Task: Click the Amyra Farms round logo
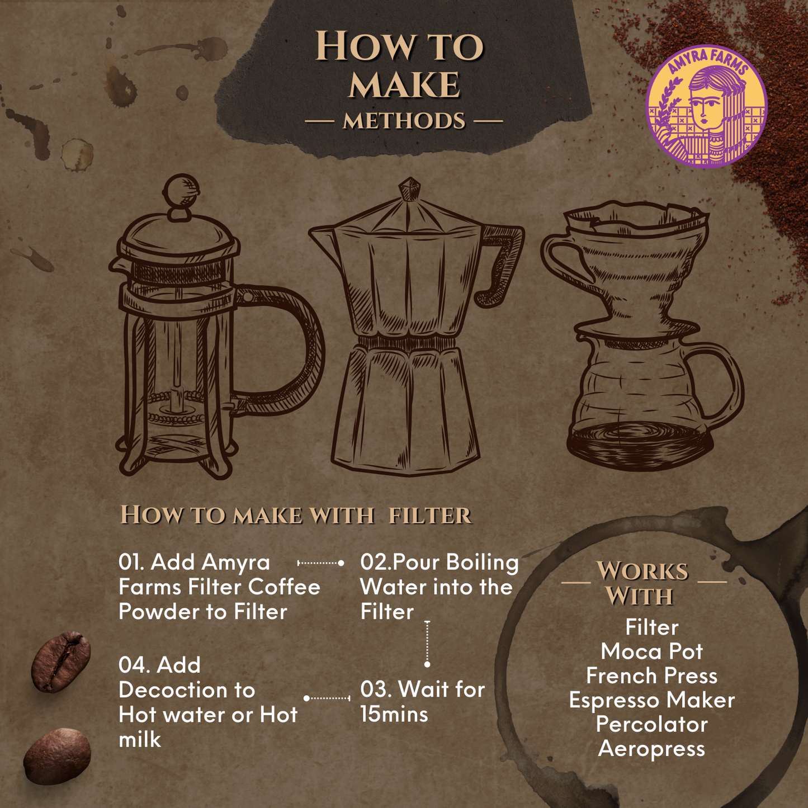click(706, 106)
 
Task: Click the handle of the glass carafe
click(721, 380)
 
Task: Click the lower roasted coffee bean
click(57, 756)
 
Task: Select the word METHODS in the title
click(404, 121)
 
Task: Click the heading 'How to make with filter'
click(296, 515)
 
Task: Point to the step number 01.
click(131, 562)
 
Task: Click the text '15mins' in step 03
click(394, 714)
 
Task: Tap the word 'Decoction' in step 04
click(187, 690)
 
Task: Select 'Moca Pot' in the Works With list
click(651, 651)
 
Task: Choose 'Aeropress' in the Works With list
click(651, 749)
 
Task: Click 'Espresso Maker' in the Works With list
click(651, 700)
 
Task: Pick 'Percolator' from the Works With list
click(651, 725)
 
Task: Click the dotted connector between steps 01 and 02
click(320, 563)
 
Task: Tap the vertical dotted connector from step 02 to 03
click(427, 643)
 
